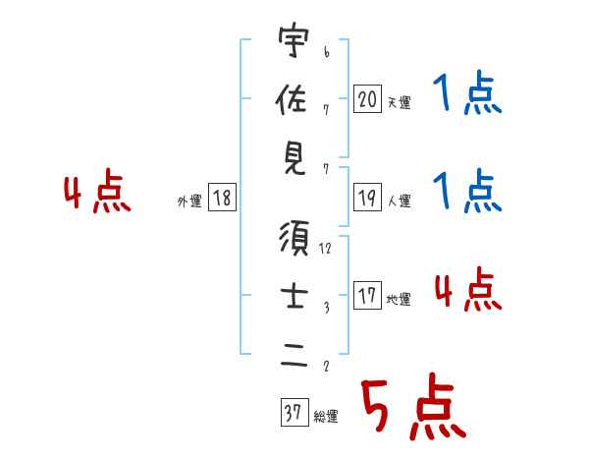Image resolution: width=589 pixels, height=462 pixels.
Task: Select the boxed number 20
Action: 367,98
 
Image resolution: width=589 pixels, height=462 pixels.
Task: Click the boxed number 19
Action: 367,198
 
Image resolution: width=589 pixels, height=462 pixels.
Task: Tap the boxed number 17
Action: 367,297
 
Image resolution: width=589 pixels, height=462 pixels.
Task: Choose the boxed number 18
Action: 222,199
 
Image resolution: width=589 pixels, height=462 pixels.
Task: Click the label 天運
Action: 399,102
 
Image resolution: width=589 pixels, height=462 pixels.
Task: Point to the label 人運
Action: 399,202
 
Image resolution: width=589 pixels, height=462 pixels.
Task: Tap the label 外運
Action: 188,202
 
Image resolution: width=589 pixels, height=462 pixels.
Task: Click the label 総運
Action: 326,417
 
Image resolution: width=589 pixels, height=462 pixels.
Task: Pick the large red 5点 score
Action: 411,407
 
